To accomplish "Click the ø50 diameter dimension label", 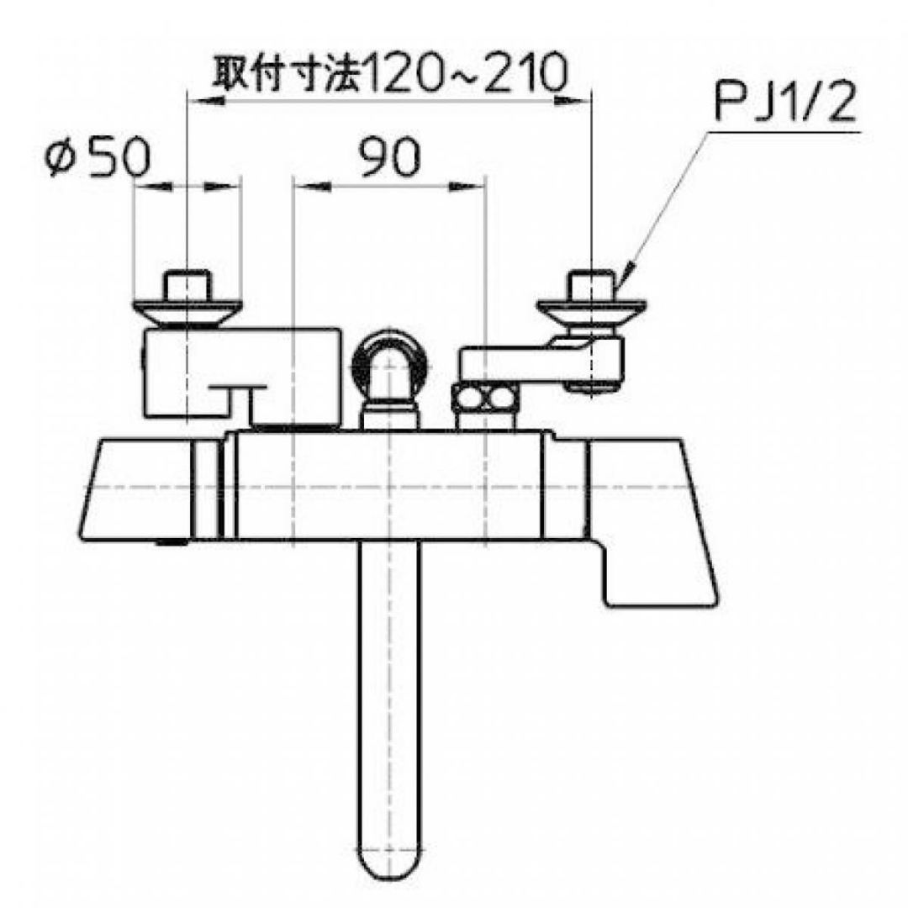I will click(98, 157).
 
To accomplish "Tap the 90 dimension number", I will click(388, 157).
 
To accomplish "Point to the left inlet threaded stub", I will click(187, 285).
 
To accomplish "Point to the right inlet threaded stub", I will click(591, 285).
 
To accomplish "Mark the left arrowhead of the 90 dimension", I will click(301, 187).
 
